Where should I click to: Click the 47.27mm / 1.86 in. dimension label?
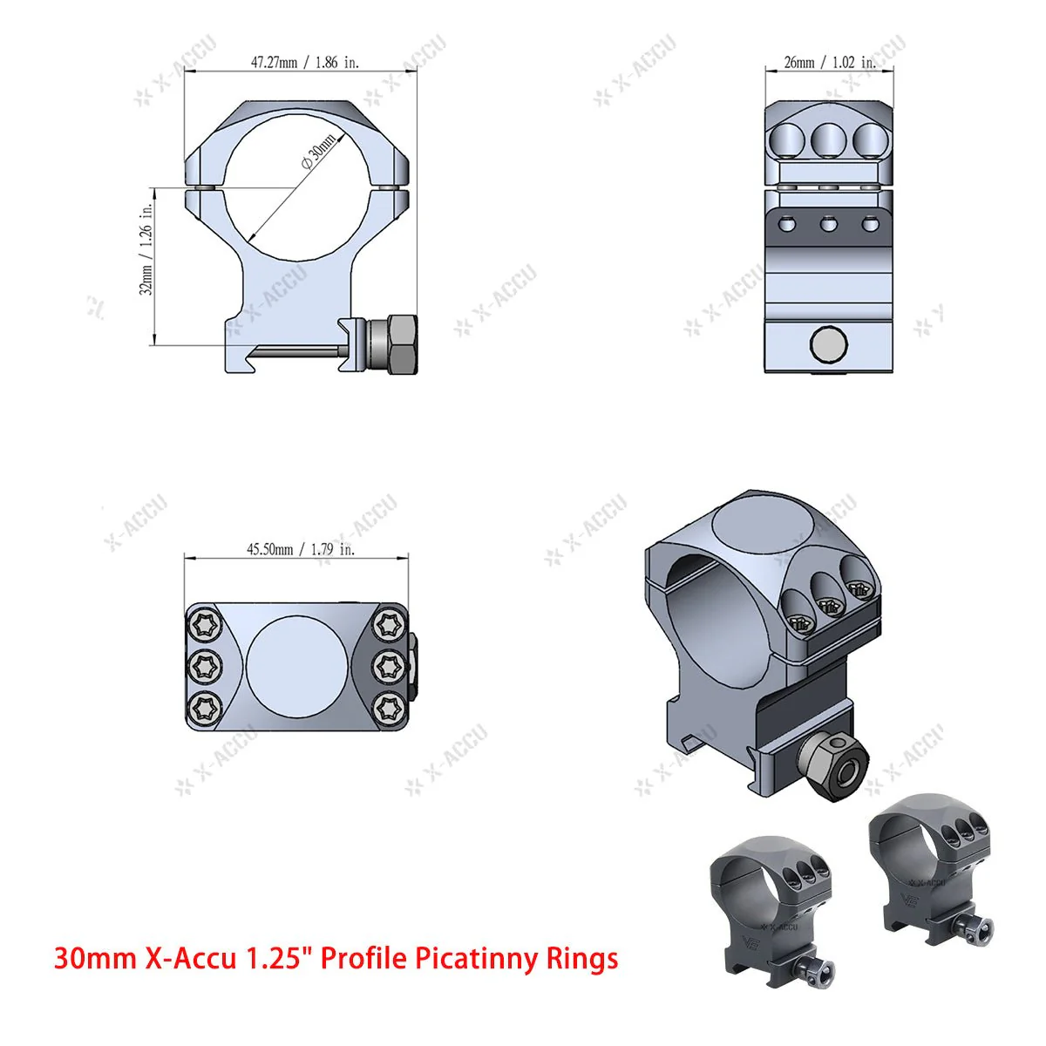coord(304,63)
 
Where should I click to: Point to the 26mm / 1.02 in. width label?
coord(829,63)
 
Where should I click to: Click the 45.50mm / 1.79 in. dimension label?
coord(300,549)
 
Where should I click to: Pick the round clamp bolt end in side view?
coord(828,345)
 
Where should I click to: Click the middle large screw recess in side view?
coord(828,139)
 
